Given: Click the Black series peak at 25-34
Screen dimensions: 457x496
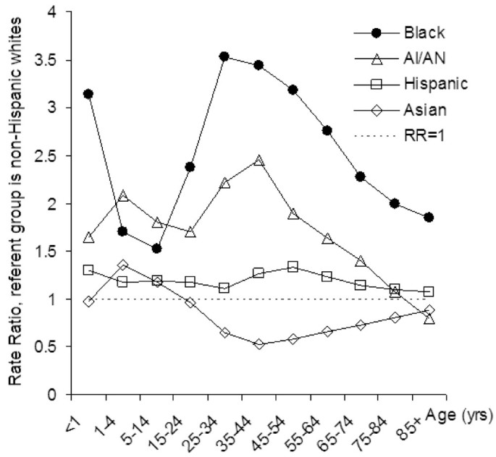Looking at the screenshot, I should coord(224,56).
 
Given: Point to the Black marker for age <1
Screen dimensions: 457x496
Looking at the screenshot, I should coord(88,94).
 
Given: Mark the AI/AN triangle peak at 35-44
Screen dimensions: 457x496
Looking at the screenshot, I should coord(258,161).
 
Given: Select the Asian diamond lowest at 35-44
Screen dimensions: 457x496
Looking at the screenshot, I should coord(258,344).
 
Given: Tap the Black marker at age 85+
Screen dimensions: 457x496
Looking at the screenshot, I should coord(429,217).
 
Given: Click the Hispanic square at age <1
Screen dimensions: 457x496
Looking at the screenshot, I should coord(88,270).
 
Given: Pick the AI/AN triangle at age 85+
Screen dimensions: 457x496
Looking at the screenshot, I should coord(429,319).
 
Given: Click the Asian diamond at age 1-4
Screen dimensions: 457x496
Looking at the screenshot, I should coord(122,265).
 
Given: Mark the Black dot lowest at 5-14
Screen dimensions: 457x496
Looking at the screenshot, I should coord(156,249).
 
